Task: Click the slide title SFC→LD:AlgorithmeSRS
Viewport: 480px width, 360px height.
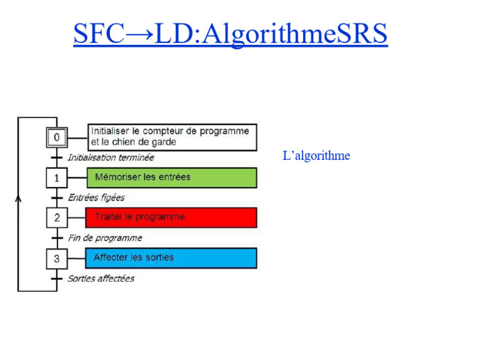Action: (230, 34)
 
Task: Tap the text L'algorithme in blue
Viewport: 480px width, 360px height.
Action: (316, 156)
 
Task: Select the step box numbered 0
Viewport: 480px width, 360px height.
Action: (57, 137)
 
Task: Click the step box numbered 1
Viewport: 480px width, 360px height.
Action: (57, 177)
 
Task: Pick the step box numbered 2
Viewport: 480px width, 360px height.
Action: (57, 217)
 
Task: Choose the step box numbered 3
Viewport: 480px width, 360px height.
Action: (57, 258)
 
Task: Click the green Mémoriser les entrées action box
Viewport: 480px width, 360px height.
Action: (171, 177)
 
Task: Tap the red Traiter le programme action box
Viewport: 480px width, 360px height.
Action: (171, 217)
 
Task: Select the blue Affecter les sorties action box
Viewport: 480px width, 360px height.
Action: (171, 257)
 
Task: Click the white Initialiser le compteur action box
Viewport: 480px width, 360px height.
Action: (171, 137)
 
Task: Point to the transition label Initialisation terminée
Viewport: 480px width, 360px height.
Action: (111, 157)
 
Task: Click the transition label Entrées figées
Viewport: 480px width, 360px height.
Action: (96, 197)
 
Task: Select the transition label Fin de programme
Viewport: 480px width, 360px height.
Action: (105, 238)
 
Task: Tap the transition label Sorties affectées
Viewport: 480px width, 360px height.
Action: (101, 279)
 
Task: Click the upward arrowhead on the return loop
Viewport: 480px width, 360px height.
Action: (18, 199)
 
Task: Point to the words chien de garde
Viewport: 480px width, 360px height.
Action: (149, 142)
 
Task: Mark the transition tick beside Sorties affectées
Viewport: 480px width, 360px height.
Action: (57, 279)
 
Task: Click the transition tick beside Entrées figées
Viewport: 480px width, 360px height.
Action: (57, 198)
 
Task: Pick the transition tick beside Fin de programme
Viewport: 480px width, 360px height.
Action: (57, 238)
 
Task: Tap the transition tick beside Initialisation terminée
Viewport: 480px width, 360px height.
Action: (57, 157)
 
